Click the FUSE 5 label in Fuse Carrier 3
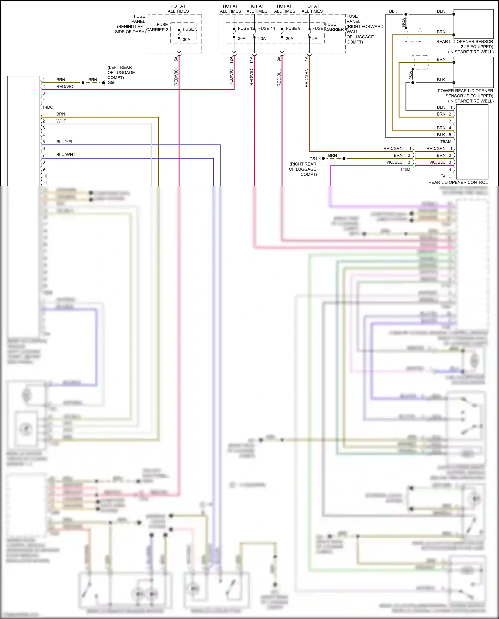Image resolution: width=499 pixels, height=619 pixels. (x=190, y=29)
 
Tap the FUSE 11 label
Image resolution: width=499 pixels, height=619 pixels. (x=267, y=28)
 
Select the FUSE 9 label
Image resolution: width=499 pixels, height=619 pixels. (x=293, y=28)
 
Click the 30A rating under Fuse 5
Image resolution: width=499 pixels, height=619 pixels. (x=186, y=39)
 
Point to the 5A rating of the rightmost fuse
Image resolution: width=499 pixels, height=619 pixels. (x=315, y=39)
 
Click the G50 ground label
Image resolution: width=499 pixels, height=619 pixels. (x=112, y=83)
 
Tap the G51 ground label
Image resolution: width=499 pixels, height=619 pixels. (x=313, y=159)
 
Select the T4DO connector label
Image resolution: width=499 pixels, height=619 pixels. (x=48, y=107)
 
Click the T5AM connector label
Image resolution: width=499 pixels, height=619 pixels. (x=446, y=142)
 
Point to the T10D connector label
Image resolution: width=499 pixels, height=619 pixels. (x=405, y=169)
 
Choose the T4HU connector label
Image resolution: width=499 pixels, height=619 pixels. (x=446, y=176)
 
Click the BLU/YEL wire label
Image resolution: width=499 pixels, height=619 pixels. (x=65, y=142)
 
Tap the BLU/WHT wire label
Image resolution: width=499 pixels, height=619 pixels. (x=66, y=155)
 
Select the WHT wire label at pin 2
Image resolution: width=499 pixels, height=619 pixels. (x=61, y=121)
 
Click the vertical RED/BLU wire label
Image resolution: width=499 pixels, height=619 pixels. (x=279, y=77)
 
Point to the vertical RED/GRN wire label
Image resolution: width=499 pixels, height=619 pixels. (x=306, y=78)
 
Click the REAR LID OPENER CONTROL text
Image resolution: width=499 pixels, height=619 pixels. (x=458, y=182)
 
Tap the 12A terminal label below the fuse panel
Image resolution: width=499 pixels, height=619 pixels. (x=231, y=60)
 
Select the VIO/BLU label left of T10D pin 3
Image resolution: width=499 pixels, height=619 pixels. (x=394, y=162)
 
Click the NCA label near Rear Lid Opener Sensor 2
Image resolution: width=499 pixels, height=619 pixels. (x=403, y=22)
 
